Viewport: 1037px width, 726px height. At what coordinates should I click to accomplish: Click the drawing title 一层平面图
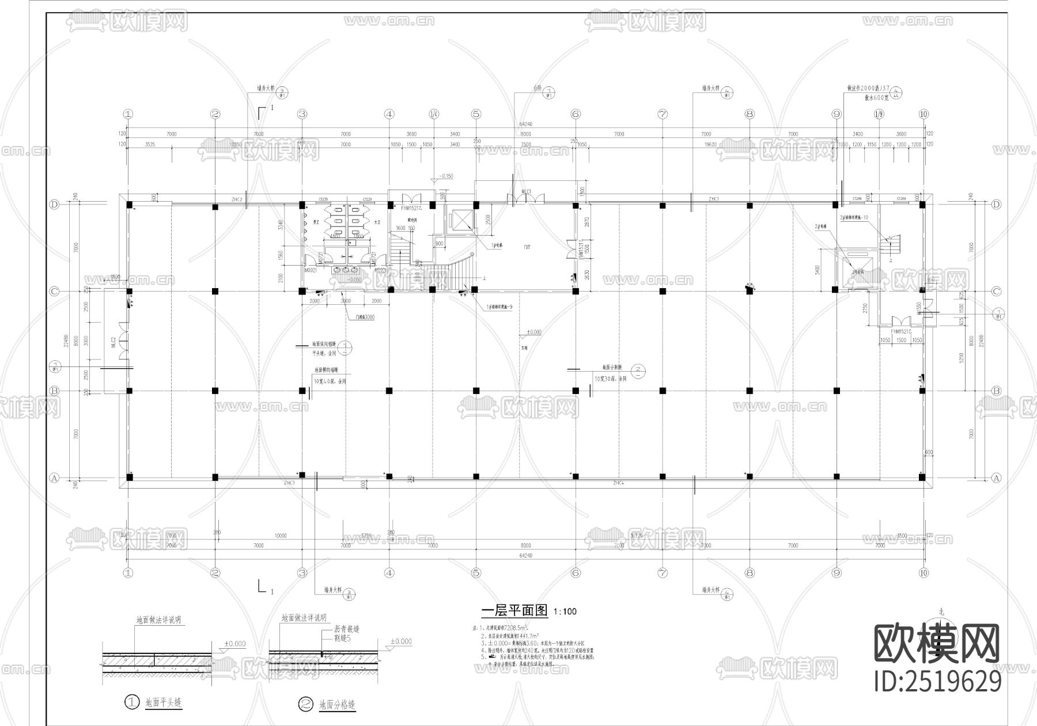[x=514, y=611]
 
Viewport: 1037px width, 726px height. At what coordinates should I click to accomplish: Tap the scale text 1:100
[x=565, y=612]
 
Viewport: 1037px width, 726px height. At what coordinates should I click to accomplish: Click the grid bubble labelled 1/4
[x=433, y=114]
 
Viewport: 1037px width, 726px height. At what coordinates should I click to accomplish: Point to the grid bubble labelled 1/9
[x=879, y=114]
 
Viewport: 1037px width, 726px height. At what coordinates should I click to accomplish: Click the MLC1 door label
[x=525, y=191]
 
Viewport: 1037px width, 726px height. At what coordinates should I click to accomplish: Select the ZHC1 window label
[x=714, y=199]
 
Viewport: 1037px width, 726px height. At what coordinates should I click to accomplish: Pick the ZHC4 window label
[x=618, y=483]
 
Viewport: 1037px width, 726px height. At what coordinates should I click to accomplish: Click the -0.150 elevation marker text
[x=446, y=176]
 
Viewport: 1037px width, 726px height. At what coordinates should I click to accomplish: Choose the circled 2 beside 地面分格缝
[x=305, y=704]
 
